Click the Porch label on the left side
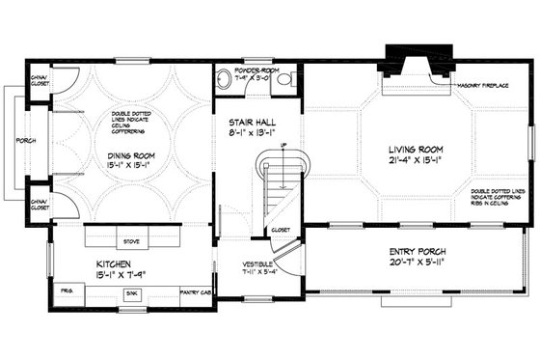tap(26, 141)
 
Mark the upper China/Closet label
tap(40, 80)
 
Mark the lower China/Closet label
tap(40, 205)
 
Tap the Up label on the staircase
tap(282, 147)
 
